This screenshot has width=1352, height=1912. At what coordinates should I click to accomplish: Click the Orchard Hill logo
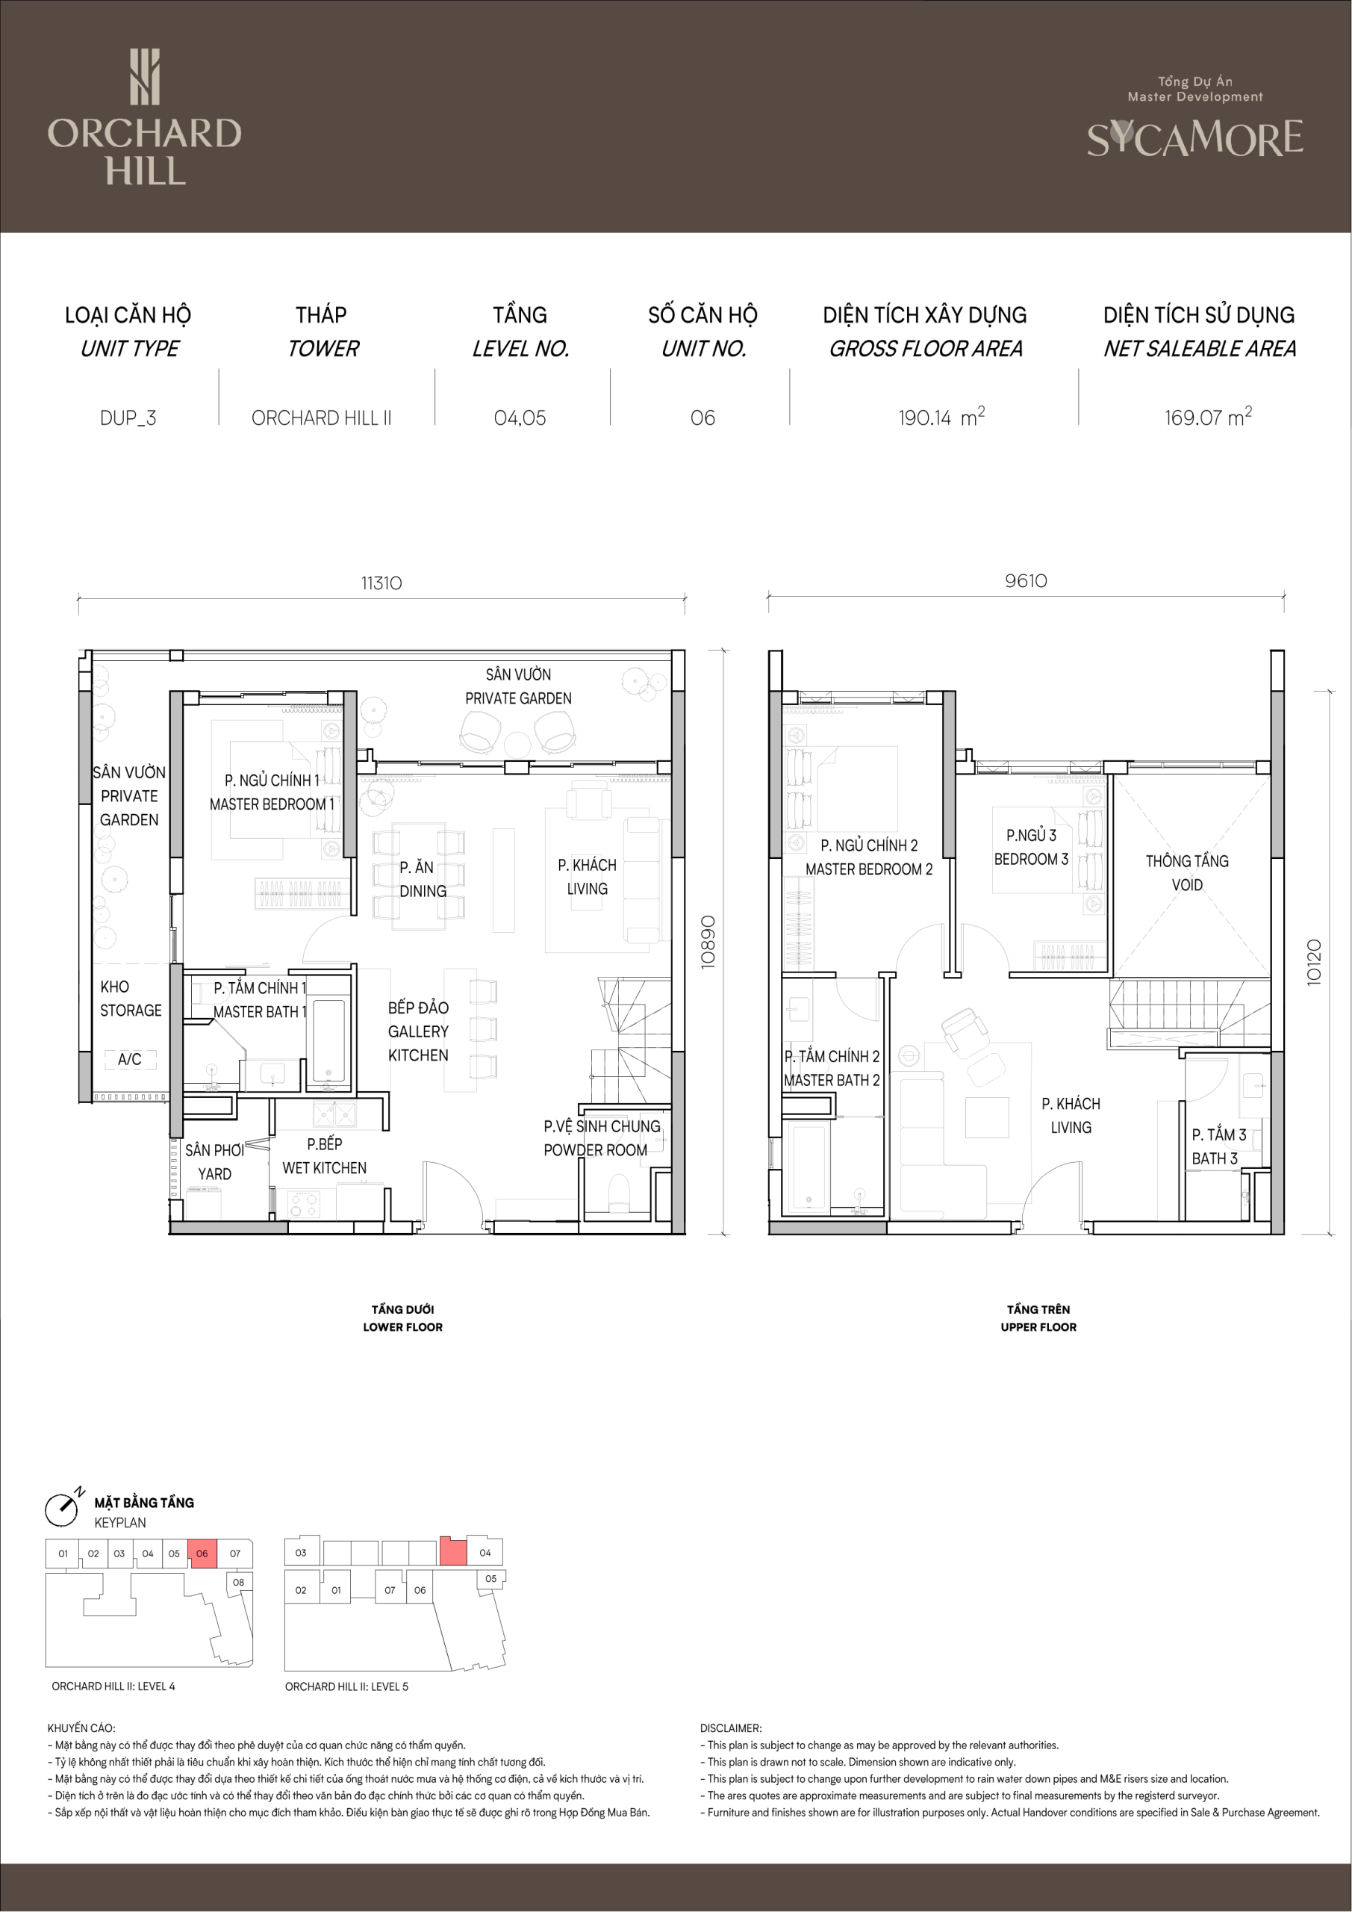tap(144, 117)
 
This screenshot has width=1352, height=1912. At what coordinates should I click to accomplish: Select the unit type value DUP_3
tap(128, 418)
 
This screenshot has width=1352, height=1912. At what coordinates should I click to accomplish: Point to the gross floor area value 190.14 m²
tap(941, 416)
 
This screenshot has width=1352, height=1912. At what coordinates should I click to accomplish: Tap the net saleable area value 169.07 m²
tap(1208, 416)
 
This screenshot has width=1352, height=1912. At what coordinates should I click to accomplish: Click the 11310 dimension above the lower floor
tap(381, 583)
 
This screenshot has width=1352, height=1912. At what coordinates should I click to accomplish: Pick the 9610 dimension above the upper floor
tap(1026, 580)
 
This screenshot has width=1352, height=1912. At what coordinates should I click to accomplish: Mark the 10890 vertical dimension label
tap(708, 942)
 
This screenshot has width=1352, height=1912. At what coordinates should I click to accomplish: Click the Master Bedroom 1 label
tap(272, 792)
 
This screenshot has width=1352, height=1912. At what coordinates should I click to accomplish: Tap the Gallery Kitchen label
tap(418, 1031)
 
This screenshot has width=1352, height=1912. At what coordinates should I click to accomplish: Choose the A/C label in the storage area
tap(129, 1059)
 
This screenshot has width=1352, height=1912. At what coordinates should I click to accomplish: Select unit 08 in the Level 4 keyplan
tap(239, 1582)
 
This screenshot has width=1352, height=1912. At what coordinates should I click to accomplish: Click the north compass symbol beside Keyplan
tap(62, 1509)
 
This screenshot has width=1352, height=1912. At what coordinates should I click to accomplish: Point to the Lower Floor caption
tap(403, 1318)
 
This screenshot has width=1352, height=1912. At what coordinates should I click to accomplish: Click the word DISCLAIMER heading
tap(731, 1728)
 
